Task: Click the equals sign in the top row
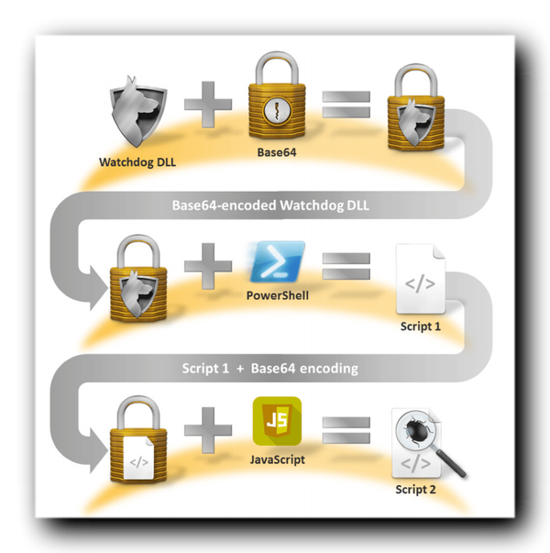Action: pyautogui.click(x=345, y=103)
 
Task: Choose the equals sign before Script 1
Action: pyautogui.click(x=345, y=267)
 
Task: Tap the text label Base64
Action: pyautogui.click(x=275, y=152)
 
